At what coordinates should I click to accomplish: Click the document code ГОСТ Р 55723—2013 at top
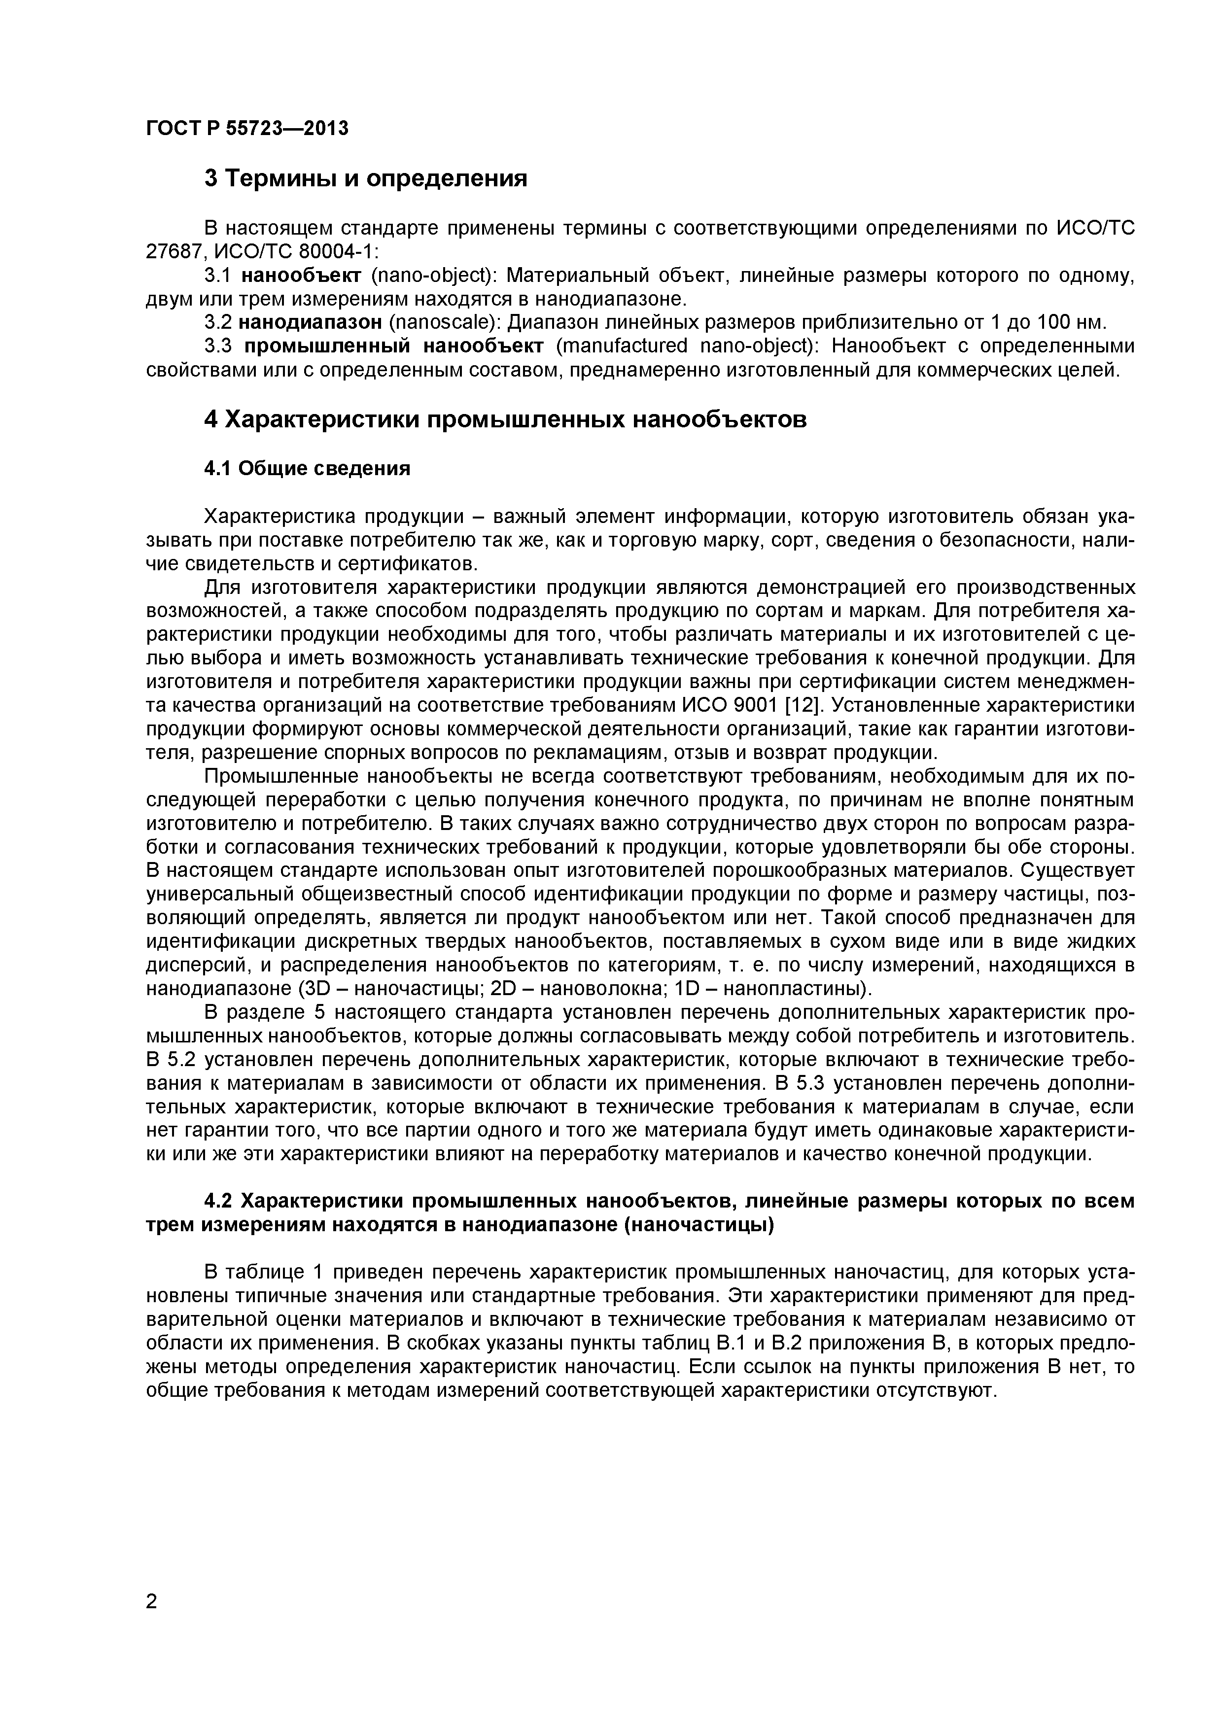[247, 129]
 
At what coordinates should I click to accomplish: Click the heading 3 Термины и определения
[365, 179]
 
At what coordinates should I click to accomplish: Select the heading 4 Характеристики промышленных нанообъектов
[505, 419]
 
